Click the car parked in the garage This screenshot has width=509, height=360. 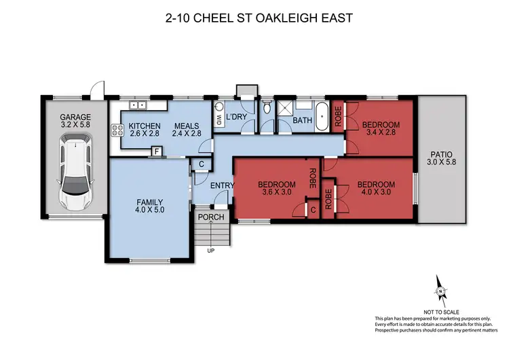click(x=75, y=172)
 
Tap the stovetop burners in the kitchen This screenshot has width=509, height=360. click(x=117, y=130)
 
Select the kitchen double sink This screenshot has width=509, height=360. click(x=138, y=105)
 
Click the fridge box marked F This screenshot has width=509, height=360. click(x=157, y=151)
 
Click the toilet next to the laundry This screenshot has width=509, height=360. click(x=267, y=107)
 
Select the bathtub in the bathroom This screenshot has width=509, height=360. click(x=322, y=116)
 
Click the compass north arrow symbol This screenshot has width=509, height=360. click(x=440, y=291)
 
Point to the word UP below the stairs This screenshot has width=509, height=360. click(x=211, y=251)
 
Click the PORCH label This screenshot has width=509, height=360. click(x=211, y=217)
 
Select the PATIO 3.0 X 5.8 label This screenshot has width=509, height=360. click(x=441, y=158)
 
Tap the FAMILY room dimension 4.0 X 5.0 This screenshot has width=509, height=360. click(x=150, y=210)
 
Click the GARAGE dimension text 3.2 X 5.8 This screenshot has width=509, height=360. click(x=75, y=124)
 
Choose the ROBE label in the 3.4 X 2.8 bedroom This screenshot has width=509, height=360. click(x=339, y=116)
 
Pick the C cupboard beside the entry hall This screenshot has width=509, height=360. click(x=202, y=164)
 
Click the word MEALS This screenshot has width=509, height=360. click(x=187, y=126)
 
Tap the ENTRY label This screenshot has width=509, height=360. click(x=223, y=185)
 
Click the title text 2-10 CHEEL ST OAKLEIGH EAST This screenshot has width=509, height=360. click(x=259, y=18)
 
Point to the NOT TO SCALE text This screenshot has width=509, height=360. click(x=441, y=312)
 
